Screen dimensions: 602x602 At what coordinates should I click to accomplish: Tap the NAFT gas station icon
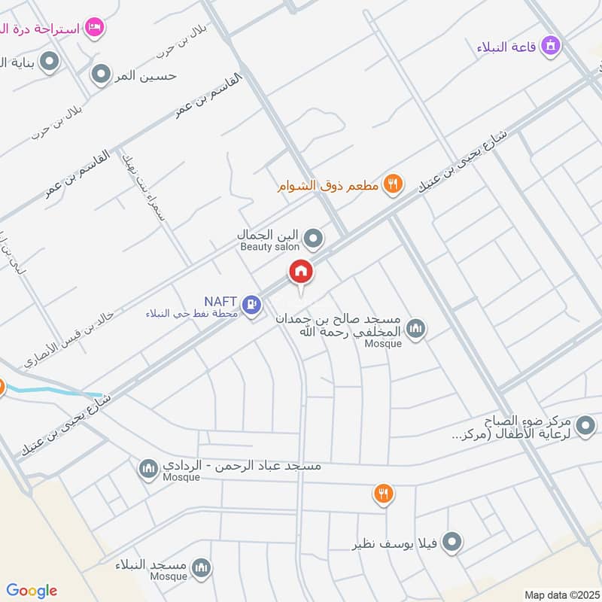tap(253, 305)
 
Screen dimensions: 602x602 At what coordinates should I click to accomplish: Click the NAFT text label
tap(220, 299)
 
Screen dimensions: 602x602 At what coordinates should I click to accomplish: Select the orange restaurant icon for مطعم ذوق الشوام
tap(392, 182)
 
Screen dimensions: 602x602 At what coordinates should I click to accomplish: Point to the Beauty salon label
tap(269, 247)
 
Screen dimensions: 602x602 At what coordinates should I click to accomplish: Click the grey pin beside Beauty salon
tap(314, 239)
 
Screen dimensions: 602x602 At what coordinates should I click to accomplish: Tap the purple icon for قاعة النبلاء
tap(552, 46)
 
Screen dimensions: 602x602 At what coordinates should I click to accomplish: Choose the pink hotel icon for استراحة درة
tap(93, 26)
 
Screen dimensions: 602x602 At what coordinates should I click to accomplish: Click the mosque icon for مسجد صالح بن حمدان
tap(415, 328)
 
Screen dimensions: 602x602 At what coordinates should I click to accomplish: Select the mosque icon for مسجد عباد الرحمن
tap(148, 470)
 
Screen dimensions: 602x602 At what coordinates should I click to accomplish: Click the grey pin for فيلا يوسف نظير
tap(451, 541)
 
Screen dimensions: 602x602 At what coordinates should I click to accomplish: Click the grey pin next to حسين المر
tap(101, 74)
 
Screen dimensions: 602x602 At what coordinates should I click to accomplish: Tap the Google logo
tap(32, 591)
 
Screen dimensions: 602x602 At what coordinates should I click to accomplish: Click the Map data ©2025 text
tap(561, 594)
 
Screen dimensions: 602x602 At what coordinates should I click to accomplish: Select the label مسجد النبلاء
tap(150, 564)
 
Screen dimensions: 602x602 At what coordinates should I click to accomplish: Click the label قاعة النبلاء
tap(506, 47)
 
